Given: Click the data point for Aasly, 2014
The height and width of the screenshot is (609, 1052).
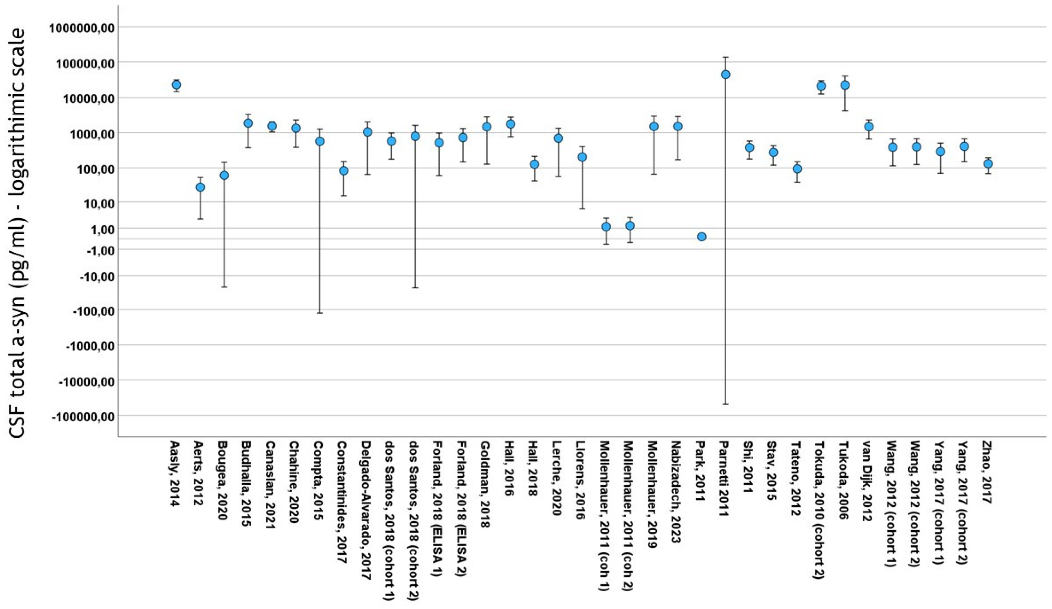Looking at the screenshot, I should pos(176,85).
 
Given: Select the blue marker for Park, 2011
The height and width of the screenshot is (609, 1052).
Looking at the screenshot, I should pos(702,237).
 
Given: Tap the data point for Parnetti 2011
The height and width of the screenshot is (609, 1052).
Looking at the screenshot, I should pos(725,74).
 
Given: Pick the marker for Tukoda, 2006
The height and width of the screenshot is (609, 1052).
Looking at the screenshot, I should pos(845,85).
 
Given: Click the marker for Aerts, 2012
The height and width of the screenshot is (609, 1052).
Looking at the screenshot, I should pos(200,187).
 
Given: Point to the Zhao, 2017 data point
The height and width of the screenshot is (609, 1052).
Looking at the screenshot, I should pos(988,164).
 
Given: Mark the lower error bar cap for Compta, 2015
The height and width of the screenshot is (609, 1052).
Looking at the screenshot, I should pos(320,313).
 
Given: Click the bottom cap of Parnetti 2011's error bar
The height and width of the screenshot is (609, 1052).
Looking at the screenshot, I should pos(725,404).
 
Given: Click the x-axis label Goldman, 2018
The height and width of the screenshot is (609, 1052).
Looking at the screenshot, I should pos(486,484).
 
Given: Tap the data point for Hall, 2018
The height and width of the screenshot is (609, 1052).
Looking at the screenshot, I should pos(534,164).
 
